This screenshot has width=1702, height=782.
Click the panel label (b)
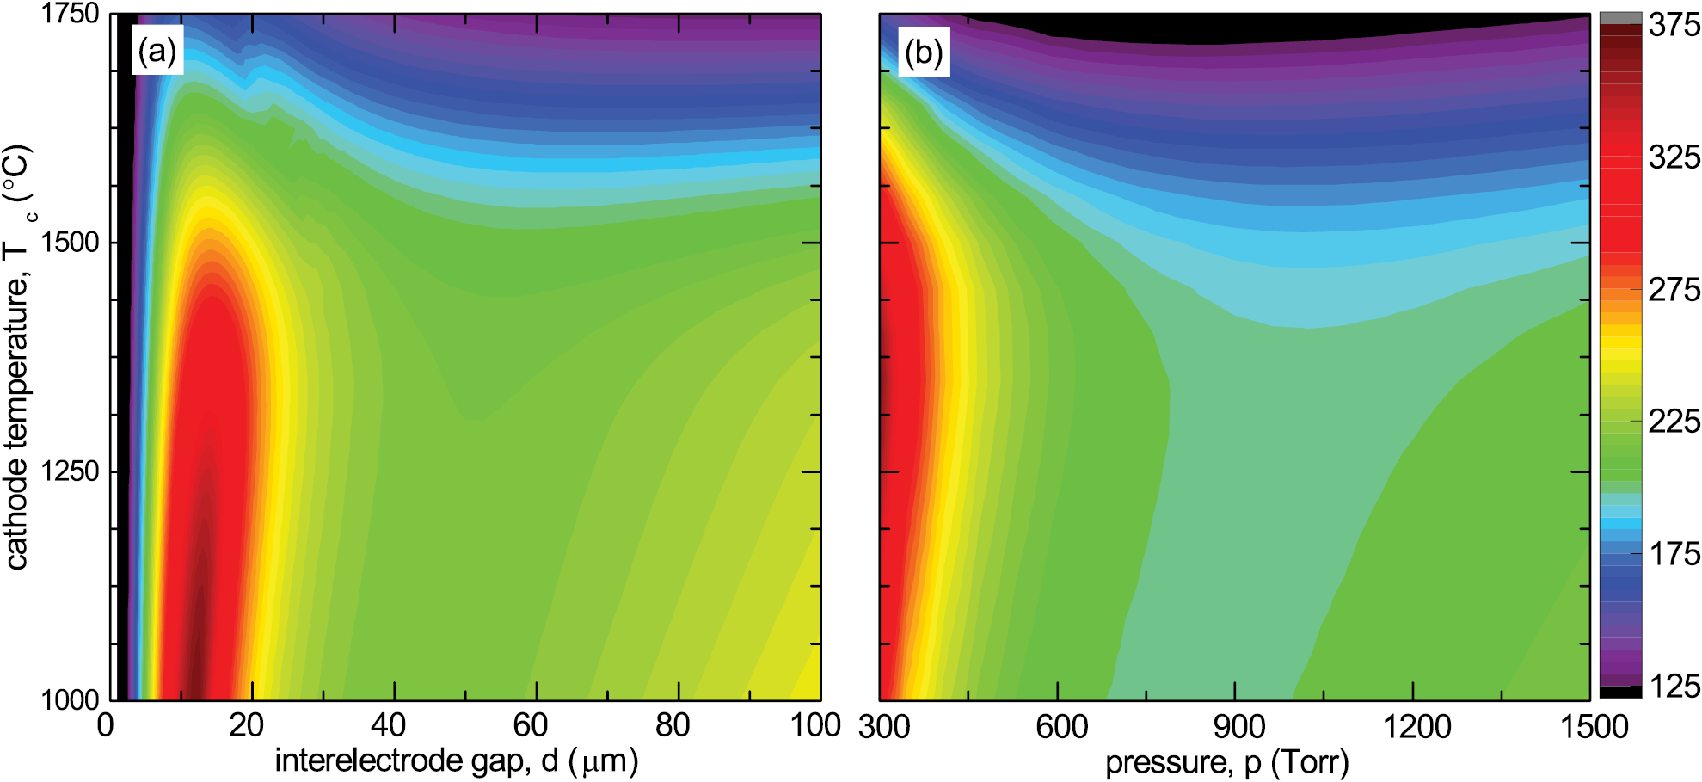tap(924, 52)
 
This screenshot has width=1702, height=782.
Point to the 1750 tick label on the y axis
tap(70, 14)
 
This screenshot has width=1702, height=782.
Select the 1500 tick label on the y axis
tap(70, 243)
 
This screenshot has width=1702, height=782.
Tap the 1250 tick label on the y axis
tap(70, 471)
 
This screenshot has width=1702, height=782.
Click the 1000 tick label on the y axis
tap(70, 699)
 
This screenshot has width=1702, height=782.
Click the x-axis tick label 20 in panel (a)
tap(246, 726)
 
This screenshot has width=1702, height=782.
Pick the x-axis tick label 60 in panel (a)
tap(531, 726)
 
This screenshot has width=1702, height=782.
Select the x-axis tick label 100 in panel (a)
tap(814, 726)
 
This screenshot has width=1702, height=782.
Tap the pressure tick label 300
tap(884, 728)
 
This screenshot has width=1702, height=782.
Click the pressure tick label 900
tap(1238, 728)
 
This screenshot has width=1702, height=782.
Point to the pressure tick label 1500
tap(1594, 728)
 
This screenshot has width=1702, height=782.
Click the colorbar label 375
tap(1674, 25)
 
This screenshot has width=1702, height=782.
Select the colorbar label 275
tap(1674, 290)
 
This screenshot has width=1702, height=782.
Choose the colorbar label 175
tap(1674, 554)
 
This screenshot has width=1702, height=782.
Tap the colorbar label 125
tap(1674, 687)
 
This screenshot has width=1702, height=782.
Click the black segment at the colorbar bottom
tap(1620, 692)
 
